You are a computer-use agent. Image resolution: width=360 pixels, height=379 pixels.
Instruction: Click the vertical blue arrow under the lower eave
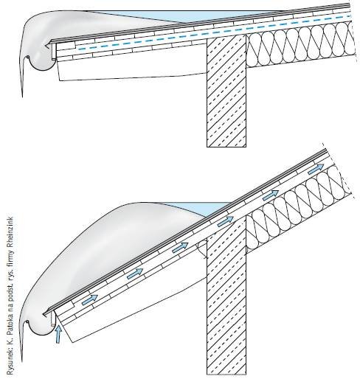click(x=58, y=334)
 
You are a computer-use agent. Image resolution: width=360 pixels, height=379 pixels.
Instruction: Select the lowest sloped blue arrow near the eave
click(x=90, y=300)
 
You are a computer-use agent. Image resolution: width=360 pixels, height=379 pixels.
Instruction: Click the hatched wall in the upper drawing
click(x=226, y=91)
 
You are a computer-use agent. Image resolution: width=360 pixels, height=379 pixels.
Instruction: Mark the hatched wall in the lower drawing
click(x=226, y=295)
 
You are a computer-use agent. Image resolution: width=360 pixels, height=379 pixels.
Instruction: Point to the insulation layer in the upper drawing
click(x=301, y=45)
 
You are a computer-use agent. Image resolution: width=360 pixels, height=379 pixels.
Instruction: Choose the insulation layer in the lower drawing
click(x=299, y=209)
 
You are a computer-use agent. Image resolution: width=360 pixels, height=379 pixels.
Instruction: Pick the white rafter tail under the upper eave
click(x=131, y=70)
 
